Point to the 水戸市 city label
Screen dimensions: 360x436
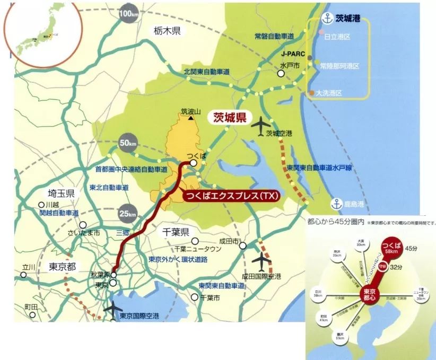coord(290,66)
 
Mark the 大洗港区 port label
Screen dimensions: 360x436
coord(328,93)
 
